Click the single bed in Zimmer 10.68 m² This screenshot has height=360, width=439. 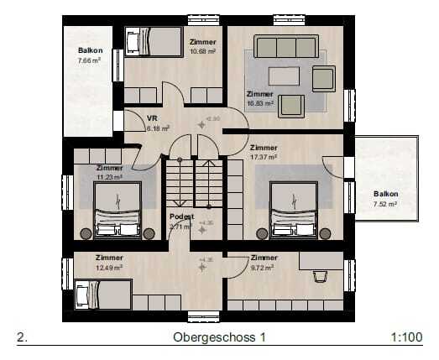tap(154, 41)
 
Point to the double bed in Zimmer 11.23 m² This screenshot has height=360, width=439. tap(118, 210)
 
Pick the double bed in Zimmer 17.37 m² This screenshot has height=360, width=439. tap(294, 210)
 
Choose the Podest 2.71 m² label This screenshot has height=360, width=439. tap(181, 222)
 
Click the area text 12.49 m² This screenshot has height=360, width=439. tap(108, 267)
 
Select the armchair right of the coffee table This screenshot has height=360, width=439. tap(323, 79)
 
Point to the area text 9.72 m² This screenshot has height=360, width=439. tap(263, 267)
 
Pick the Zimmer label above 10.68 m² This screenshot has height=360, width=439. tap(202, 42)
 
